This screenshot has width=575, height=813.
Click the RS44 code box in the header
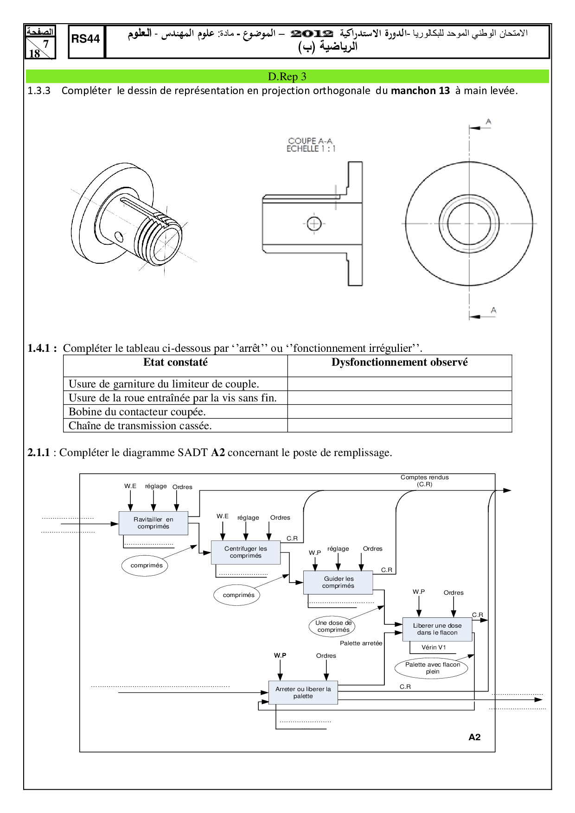click(x=86, y=40)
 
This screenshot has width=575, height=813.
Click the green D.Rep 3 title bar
click(x=287, y=76)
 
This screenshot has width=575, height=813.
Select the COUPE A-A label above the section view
click(x=310, y=141)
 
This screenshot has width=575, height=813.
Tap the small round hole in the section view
click(x=314, y=223)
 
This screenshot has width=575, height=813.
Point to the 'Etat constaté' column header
click(x=175, y=362)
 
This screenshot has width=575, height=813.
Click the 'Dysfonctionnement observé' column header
click(x=399, y=362)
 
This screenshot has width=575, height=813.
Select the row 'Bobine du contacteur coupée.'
click(x=137, y=412)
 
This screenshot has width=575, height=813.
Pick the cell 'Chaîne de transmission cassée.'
click(x=140, y=426)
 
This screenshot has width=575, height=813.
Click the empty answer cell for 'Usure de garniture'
click(x=399, y=384)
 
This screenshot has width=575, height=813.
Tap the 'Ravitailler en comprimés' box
click(x=153, y=523)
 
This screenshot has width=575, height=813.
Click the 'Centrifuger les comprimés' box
click(x=246, y=552)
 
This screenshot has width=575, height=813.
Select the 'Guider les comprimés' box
click(x=338, y=582)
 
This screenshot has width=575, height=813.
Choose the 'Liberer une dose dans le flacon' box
click(x=437, y=629)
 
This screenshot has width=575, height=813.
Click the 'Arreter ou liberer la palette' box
click(x=303, y=692)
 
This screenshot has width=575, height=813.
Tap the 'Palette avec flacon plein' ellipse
click(x=432, y=668)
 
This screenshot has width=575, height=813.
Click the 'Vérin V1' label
click(x=434, y=648)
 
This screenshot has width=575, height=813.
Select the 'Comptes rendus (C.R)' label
click(x=424, y=481)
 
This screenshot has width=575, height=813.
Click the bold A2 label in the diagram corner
click(x=474, y=737)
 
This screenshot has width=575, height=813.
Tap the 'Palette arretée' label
click(x=361, y=643)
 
